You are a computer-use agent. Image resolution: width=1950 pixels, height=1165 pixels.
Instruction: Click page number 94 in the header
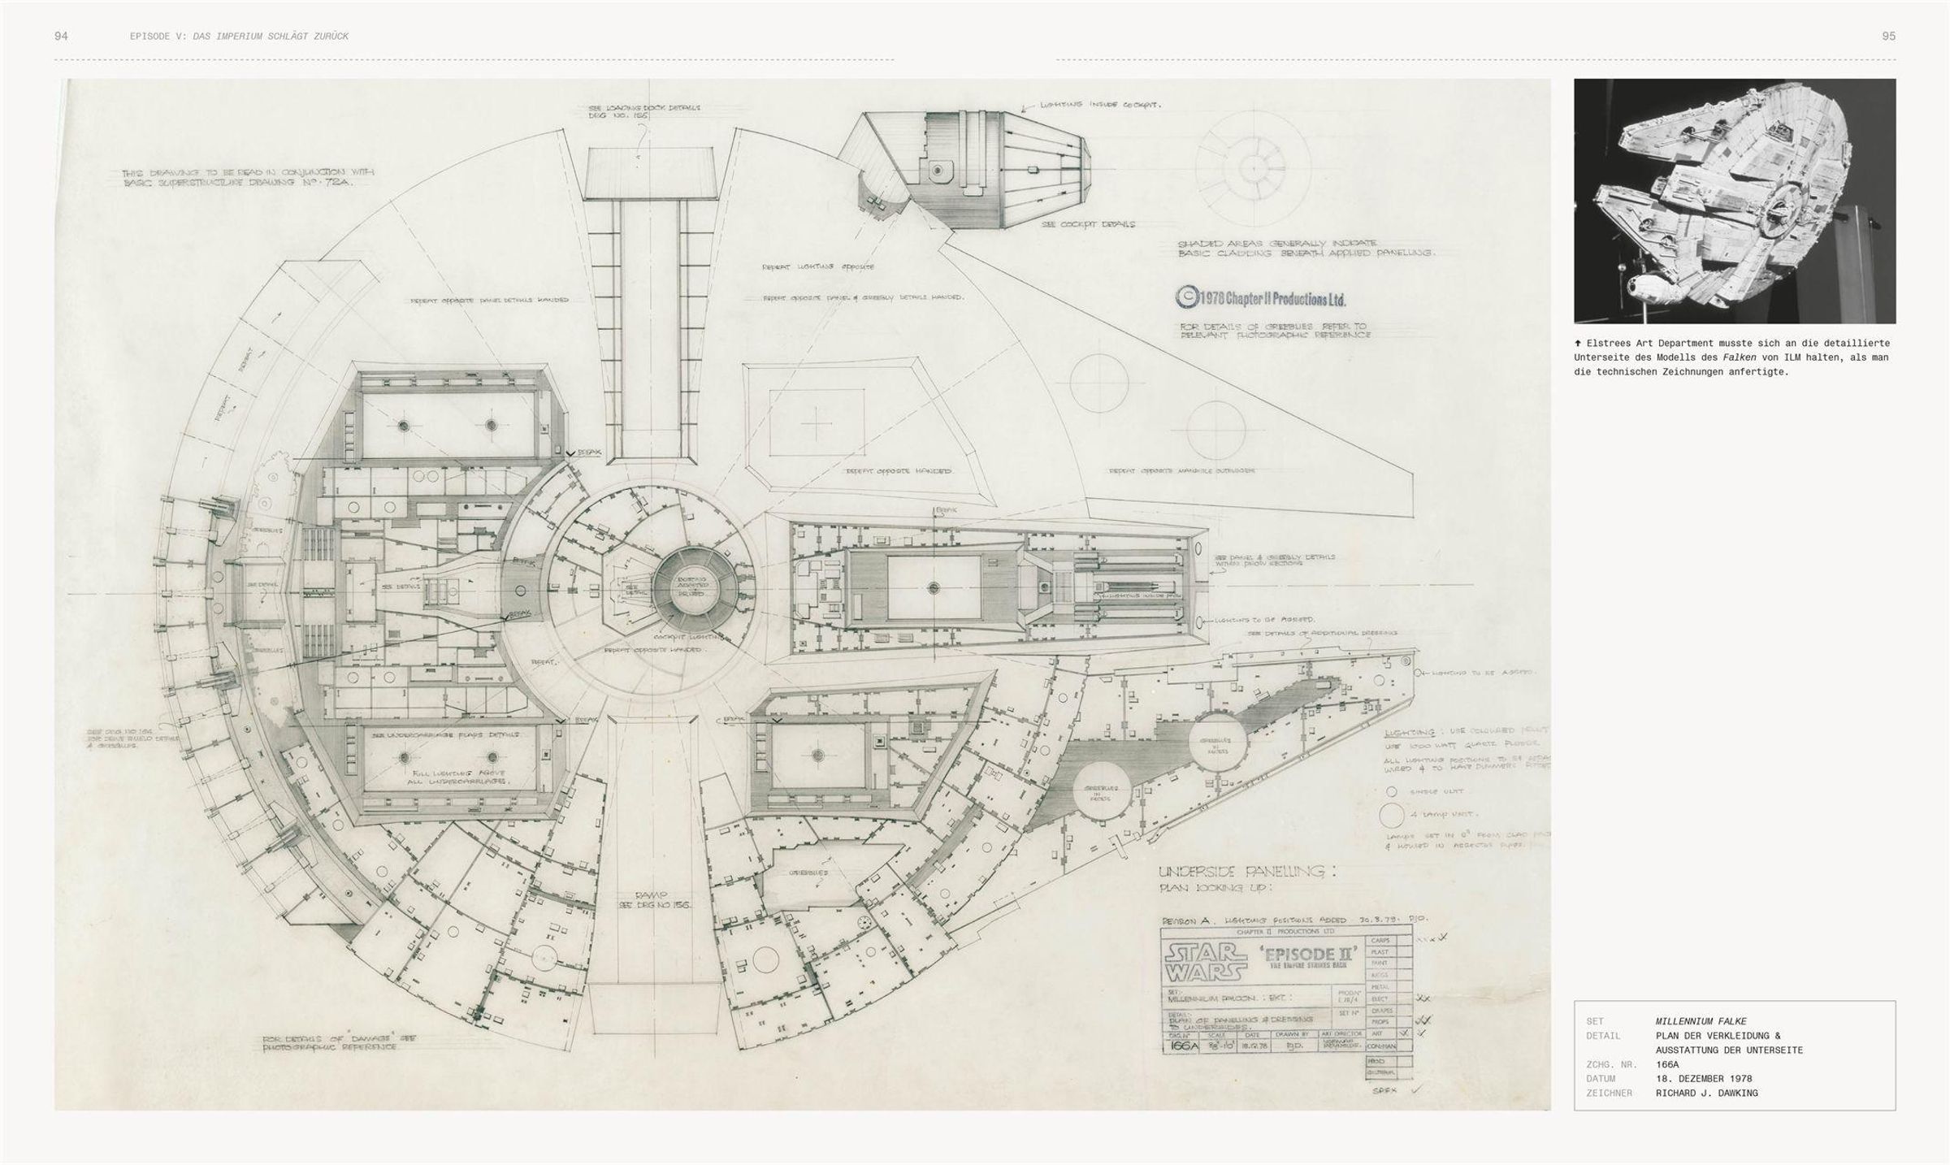[61, 37]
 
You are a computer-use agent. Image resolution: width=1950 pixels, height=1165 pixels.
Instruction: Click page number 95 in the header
[1888, 37]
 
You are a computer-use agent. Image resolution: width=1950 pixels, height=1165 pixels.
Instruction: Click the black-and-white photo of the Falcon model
[1734, 201]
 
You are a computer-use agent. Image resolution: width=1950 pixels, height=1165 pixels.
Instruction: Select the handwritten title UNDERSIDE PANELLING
[1246, 872]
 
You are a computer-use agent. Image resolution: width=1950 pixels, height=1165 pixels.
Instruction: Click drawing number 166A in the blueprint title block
[1181, 1046]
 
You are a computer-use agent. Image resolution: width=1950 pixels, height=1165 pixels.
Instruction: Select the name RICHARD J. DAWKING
[1706, 1094]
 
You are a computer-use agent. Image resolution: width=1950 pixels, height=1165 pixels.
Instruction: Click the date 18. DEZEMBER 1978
[1704, 1079]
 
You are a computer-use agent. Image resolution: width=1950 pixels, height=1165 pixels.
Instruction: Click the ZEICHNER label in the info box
[1609, 1094]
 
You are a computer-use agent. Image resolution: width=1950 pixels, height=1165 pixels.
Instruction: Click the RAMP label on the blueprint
[651, 894]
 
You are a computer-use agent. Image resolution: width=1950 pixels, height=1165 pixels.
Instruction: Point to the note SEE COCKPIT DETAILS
[1088, 224]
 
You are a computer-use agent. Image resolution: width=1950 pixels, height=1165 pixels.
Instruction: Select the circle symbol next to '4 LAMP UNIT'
[1391, 814]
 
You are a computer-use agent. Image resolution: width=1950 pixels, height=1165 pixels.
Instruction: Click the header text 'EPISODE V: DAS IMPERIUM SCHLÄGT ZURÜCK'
[239, 37]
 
